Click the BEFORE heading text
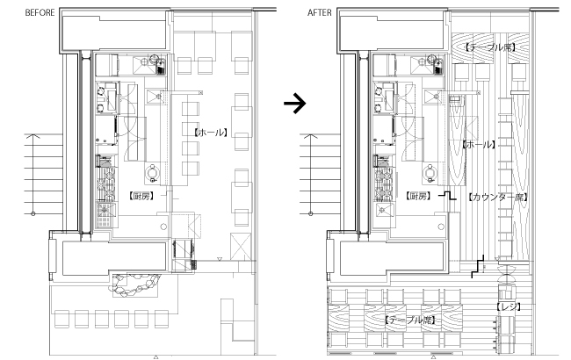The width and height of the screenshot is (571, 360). click(40, 13)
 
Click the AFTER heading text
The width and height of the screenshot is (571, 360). click(320, 13)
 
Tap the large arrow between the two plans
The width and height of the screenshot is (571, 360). click(294, 104)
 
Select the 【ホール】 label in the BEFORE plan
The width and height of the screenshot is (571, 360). click(211, 133)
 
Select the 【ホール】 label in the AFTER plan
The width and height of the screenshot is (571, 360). click(480, 145)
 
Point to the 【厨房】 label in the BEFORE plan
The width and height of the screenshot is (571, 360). click(141, 196)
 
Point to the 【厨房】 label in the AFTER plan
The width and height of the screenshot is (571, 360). click(418, 196)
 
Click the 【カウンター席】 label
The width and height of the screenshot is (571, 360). click(497, 198)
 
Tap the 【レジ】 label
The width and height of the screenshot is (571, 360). click(509, 306)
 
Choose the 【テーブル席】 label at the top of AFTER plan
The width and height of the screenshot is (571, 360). click(489, 47)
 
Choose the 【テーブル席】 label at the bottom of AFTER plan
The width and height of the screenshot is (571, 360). click(410, 320)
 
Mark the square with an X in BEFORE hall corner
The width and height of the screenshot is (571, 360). click(241, 247)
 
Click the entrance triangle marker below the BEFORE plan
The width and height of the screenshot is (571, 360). click(155, 357)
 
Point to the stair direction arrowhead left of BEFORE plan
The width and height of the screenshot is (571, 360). click(33, 136)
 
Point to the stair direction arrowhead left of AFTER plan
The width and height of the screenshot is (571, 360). click(310, 136)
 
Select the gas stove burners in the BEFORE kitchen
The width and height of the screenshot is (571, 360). click(106, 184)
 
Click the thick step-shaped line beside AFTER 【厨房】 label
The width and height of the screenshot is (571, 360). click(447, 197)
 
